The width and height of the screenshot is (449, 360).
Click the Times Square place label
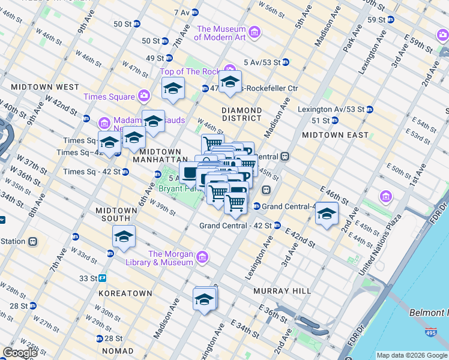tap(109, 97)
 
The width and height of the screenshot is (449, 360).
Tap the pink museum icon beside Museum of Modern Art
tap(255, 32)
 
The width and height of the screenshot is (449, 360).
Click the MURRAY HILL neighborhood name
tap(282, 290)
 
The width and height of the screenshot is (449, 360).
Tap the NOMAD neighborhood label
tap(118, 350)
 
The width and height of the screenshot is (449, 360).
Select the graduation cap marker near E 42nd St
tap(327, 213)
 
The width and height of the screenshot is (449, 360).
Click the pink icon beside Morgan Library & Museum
tap(203, 257)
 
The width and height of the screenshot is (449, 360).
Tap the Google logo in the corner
tap(20, 353)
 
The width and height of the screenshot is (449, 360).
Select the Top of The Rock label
tap(190, 72)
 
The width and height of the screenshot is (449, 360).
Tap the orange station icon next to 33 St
tap(103, 278)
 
